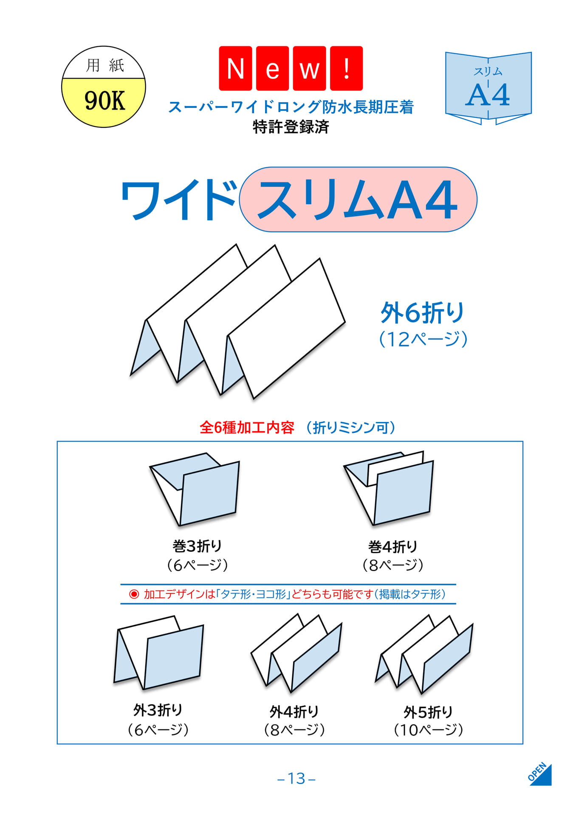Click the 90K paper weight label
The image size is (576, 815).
click(104, 101)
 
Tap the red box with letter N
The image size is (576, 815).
click(235, 68)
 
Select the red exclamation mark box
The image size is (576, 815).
click(346, 68)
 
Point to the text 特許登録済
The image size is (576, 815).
click(291, 126)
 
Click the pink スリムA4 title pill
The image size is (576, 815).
click(358, 200)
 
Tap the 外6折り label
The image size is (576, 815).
click(422, 313)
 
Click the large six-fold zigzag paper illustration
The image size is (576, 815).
click(237, 321)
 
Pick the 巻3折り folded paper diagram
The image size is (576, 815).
click(195, 489)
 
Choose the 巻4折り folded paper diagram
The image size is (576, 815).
click(388, 488)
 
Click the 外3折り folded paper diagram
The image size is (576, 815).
click(159, 652)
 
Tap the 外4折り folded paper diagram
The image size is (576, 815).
click(296, 654)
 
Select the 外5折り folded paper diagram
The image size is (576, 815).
click(424, 654)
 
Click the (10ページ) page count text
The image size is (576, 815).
click(428, 730)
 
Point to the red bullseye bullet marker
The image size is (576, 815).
click(134, 594)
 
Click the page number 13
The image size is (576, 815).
click(296, 778)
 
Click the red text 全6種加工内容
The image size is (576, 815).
click(247, 427)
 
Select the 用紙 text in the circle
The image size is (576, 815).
click(105, 65)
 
